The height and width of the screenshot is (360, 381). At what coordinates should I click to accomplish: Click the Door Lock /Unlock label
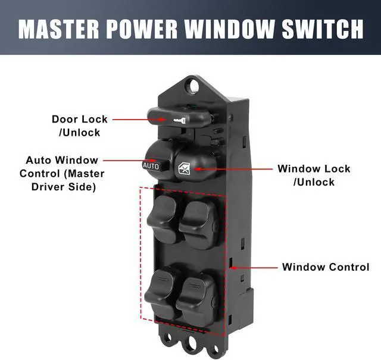click(80, 126)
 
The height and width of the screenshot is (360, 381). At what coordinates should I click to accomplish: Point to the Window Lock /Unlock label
click(314, 175)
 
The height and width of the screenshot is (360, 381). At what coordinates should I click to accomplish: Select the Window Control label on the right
click(326, 267)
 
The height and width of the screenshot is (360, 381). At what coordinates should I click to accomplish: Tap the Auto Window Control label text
click(62, 173)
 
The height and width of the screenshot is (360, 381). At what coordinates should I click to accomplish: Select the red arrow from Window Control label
click(253, 267)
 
